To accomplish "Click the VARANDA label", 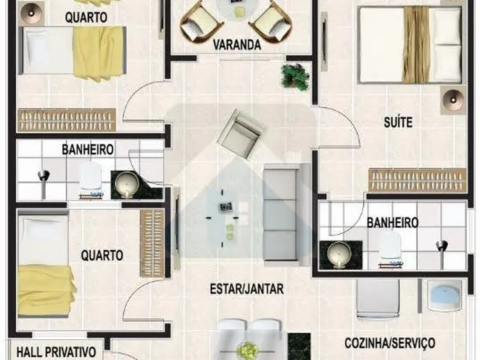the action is click(x=237, y=45).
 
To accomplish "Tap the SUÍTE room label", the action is click(x=398, y=122).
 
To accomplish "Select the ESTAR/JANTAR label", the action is click(x=247, y=289).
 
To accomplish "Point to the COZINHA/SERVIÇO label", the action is click(x=390, y=343).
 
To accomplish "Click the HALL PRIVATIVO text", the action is click(x=56, y=352).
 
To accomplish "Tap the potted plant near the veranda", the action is click(x=294, y=76).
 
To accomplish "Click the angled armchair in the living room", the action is click(x=241, y=133).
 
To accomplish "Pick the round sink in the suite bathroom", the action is click(x=338, y=253).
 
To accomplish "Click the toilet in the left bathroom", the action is click(x=90, y=180).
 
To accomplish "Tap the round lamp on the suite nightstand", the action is click(x=453, y=100).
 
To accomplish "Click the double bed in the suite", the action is click(x=410, y=45).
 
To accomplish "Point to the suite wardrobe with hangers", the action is click(x=417, y=181).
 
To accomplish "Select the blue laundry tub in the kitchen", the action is click(x=445, y=296).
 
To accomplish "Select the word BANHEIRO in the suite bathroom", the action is click(x=392, y=223).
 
